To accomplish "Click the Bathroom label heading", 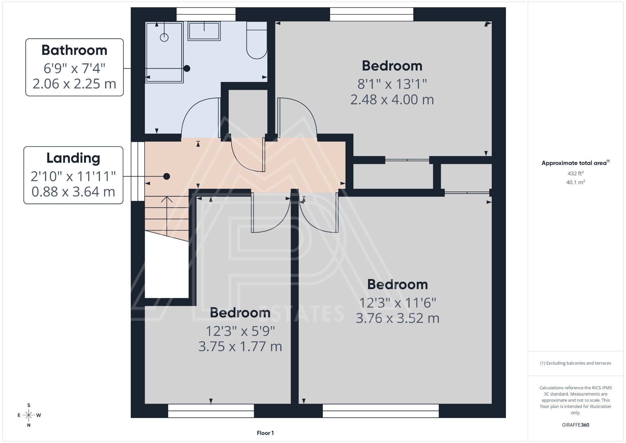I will [x=74, y=50].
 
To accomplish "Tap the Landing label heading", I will [x=73, y=158].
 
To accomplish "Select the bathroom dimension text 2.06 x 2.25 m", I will [x=74, y=84].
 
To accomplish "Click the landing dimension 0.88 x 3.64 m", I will [x=73, y=192].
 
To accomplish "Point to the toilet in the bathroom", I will [x=257, y=43].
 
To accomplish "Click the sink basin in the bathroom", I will [x=204, y=31].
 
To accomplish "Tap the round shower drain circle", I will [x=164, y=38].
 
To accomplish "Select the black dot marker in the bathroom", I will [x=186, y=69].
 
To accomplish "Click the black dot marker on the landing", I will [x=167, y=177].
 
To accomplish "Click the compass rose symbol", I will [x=29, y=415].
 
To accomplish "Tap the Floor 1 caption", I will [x=265, y=433].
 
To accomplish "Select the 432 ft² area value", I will [x=576, y=173].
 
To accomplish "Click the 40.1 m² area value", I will [x=576, y=182].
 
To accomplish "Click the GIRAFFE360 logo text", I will [x=576, y=425].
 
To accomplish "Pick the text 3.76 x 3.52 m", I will [x=397, y=318].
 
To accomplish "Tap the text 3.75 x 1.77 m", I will [x=240, y=347].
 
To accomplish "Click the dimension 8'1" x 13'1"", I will [x=392, y=84].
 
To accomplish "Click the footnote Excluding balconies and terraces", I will [x=576, y=363].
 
